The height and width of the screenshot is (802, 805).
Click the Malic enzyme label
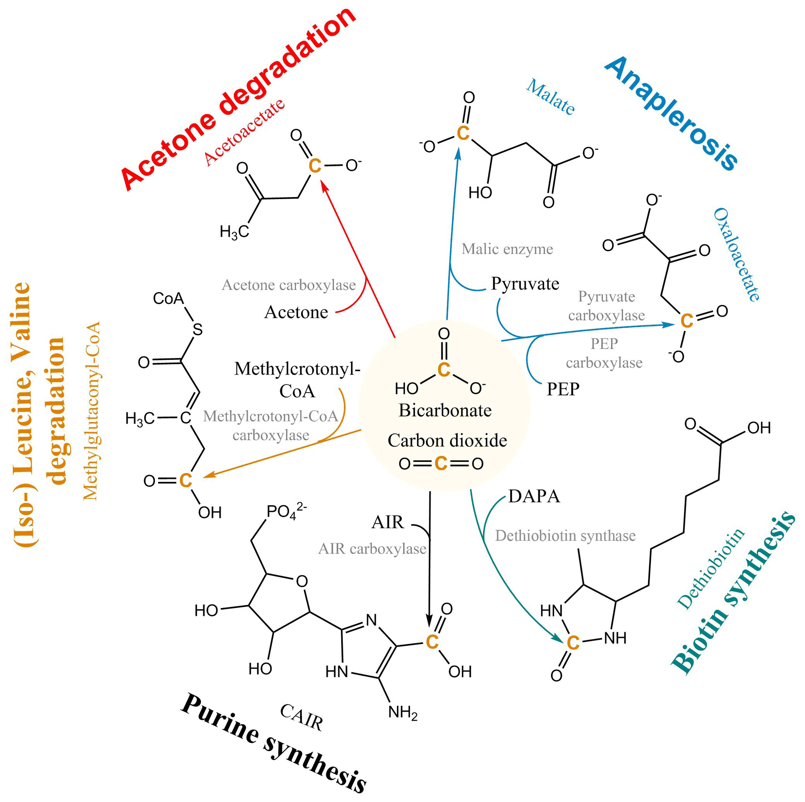tap(507, 249)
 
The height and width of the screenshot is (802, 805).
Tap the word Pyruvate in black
tap(525, 284)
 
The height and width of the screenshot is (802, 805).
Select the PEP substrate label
tap(563, 389)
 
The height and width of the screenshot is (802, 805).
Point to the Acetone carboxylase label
tap(289, 285)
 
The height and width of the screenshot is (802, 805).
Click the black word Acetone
tap(296, 312)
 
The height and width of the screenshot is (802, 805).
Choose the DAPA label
tap(534, 496)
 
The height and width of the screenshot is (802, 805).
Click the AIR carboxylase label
tap(372, 549)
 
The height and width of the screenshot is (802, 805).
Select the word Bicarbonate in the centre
tap(445, 411)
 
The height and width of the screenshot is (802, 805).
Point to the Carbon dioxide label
tap(447, 441)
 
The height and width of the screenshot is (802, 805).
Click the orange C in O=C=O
tap(441, 463)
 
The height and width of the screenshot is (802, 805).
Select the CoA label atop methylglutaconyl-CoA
tap(168, 298)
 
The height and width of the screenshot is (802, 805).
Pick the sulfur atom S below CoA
tap(197, 330)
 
